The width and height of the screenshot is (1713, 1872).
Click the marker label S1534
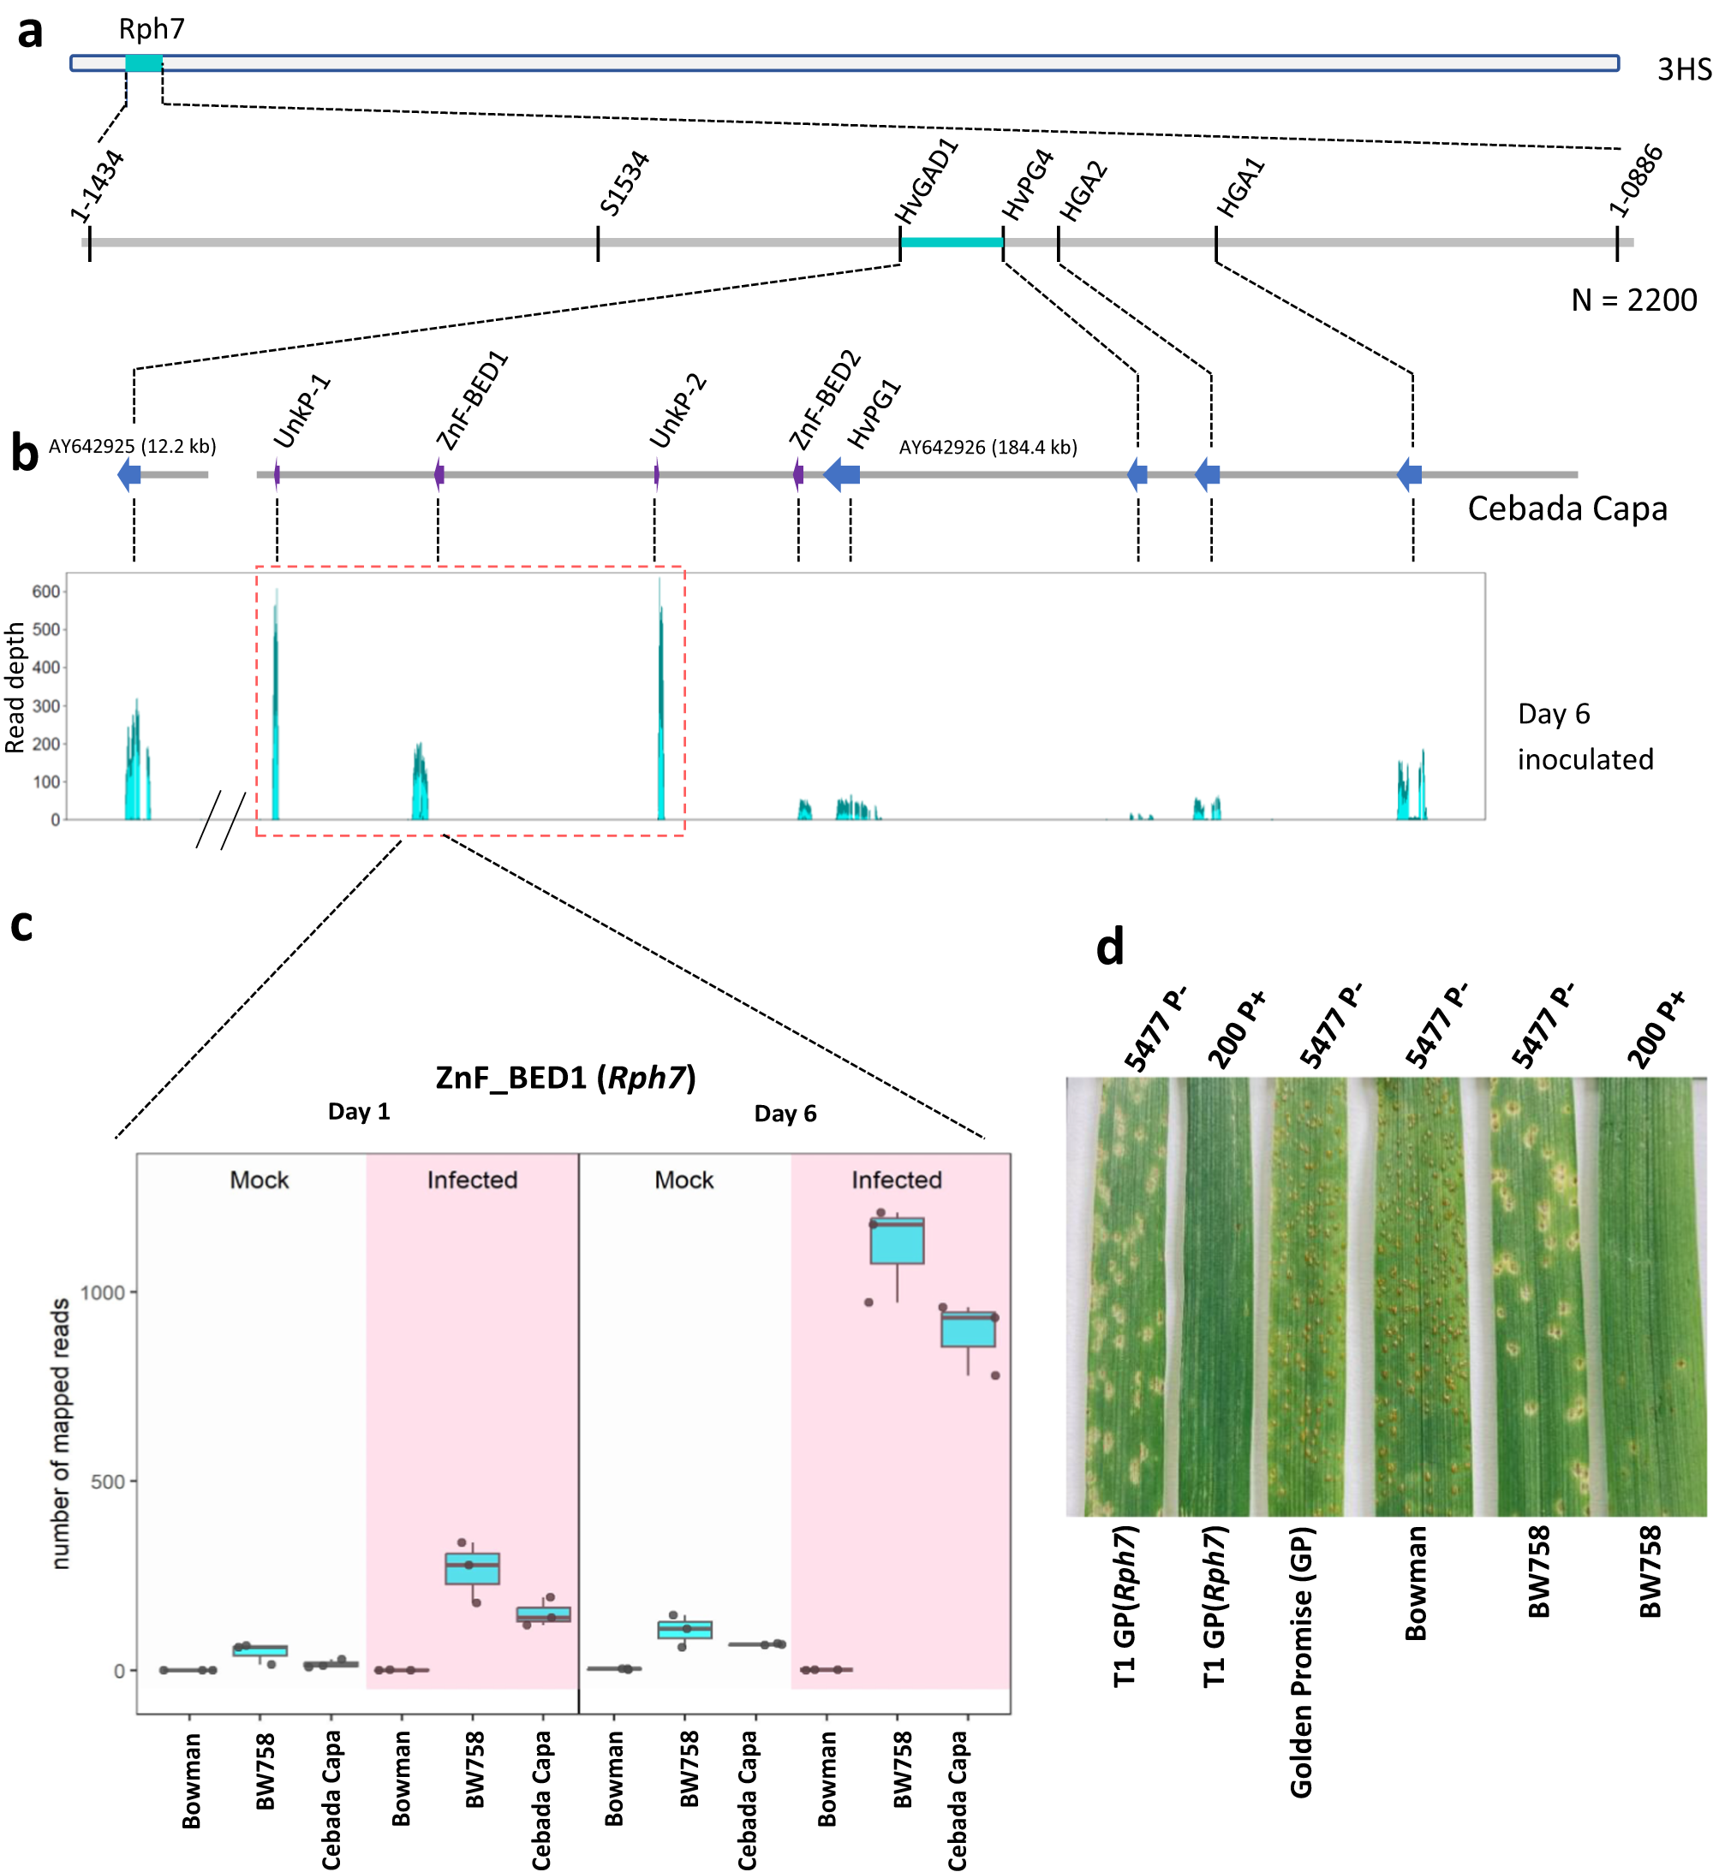[x=624, y=183]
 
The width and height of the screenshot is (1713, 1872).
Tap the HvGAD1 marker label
[x=926, y=181]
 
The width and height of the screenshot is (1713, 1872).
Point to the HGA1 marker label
[x=1241, y=188]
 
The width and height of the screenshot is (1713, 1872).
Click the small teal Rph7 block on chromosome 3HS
[x=144, y=63]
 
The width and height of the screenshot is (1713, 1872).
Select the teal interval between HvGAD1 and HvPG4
[x=952, y=242]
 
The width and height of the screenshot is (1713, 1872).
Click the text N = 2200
[x=1633, y=300]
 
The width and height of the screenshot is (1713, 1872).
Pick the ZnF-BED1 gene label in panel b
[x=473, y=401]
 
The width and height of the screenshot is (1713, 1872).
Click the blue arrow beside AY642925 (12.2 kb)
[x=129, y=474]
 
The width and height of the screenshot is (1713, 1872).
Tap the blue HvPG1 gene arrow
[x=842, y=474]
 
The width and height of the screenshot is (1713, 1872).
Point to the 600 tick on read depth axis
[x=45, y=591]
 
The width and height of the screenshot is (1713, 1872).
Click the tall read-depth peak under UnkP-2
[x=660, y=705]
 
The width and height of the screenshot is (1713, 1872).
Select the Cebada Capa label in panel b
[x=1567, y=508]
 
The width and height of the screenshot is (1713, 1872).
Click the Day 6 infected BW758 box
[x=897, y=1240]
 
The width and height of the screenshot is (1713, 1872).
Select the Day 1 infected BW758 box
[x=472, y=1568]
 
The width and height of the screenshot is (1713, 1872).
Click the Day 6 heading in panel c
[x=785, y=1114]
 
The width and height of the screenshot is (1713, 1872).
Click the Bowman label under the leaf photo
[x=1415, y=1584]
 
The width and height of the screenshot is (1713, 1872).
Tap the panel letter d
[x=1110, y=948]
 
